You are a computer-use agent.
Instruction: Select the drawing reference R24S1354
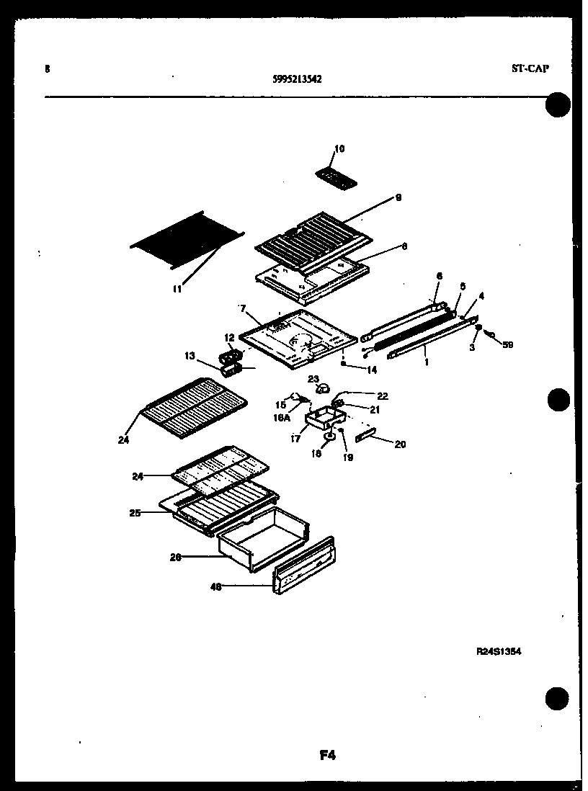click(499, 651)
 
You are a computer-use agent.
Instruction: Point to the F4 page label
click(327, 756)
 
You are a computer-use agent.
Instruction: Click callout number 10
click(339, 149)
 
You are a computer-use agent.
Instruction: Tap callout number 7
click(243, 308)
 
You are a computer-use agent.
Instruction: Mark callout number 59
click(508, 344)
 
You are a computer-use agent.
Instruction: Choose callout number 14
click(372, 370)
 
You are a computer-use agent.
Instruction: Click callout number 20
click(400, 444)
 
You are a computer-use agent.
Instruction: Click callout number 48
click(214, 587)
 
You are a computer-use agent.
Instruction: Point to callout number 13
click(190, 355)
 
